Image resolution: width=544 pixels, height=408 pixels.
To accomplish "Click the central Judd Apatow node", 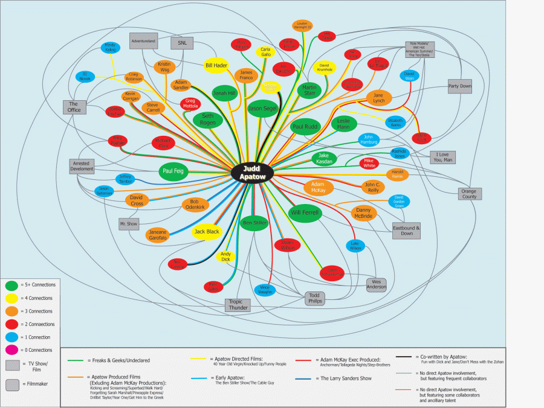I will coord(253,171).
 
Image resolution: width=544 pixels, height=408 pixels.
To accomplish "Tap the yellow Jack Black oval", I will coord(207,231).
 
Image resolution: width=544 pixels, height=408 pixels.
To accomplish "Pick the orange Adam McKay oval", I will coord(319,187).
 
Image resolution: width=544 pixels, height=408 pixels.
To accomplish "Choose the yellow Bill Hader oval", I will coord(216,65).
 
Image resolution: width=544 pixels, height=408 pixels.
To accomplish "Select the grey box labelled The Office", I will coord(74,107).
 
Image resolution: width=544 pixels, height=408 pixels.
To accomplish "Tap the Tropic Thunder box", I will coord(237,305).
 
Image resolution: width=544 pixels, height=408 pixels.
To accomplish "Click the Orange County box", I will coord(469,194).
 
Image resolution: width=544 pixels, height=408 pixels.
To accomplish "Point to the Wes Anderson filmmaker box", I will coord(376,284).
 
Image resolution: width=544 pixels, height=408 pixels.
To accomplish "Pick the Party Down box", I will coord(459,86).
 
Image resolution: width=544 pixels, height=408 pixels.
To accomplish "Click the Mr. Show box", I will coord(129,223).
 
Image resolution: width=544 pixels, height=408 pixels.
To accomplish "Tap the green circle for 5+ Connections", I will coord(11,285).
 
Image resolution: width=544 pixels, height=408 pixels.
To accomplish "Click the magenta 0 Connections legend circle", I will coord(11,350).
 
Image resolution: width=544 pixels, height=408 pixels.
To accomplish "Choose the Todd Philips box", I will coord(314,298).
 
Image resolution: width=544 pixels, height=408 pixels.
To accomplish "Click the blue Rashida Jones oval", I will coord(399,153).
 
